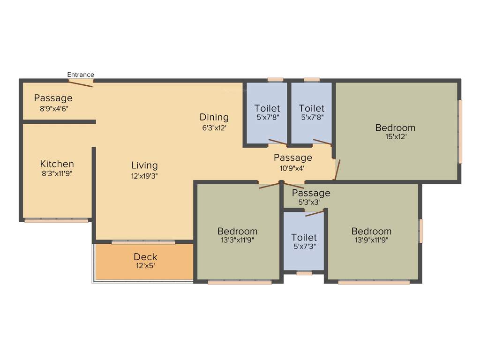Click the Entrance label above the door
[81, 75]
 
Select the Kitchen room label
[57, 164]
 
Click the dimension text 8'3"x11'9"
[57, 173]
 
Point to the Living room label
[144, 165]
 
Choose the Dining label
[214, 117]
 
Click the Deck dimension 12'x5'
[145, 266]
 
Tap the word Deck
[145, 257]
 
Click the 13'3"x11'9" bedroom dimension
[237, 240]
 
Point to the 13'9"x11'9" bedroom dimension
[371, 240]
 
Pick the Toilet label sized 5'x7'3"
[304, 238]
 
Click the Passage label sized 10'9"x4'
[293, 157]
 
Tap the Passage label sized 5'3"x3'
[311, 193]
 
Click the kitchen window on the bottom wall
[56, 220]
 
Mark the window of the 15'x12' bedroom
[460, 132]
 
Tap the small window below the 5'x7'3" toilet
[304, 273]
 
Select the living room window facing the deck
[143, 242]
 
